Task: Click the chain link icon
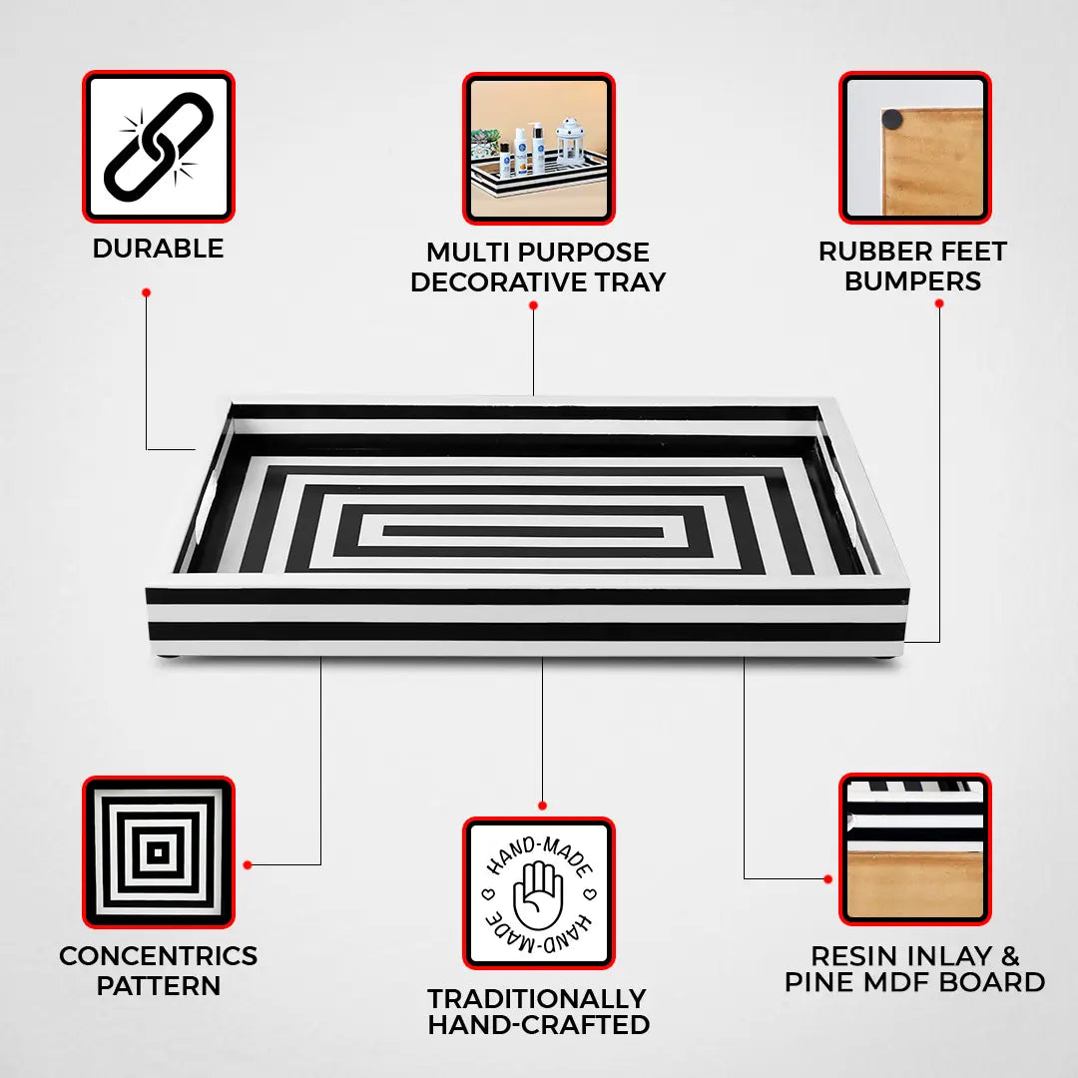(x=159, y=146)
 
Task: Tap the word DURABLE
(x=158, y=249)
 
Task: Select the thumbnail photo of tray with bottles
(x=538, y=148)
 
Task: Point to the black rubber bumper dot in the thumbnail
(x=891, y=120)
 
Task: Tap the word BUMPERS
(x=912, y=281)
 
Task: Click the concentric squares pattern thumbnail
(x=158, y=852)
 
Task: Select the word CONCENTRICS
(x=158, y=956)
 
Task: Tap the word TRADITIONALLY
(x=537, y=999)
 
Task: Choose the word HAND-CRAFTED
(x=538, y=1025)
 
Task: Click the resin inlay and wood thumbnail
(x=914, y=849)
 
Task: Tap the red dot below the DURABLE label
(x=146, y=292)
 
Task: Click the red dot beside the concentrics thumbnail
(x=248, y=864)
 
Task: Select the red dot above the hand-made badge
(x=542, y=806)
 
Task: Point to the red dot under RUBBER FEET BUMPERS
(x=939, y=302)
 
